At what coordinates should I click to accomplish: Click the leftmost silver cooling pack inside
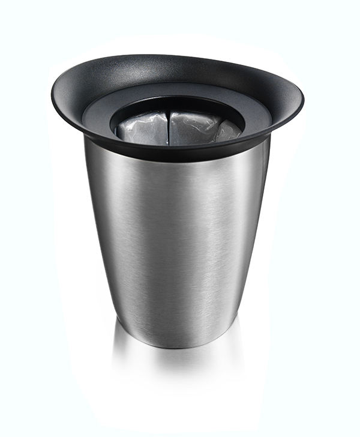(x=143, y=128)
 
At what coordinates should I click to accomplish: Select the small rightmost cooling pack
(x=229, y=130)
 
